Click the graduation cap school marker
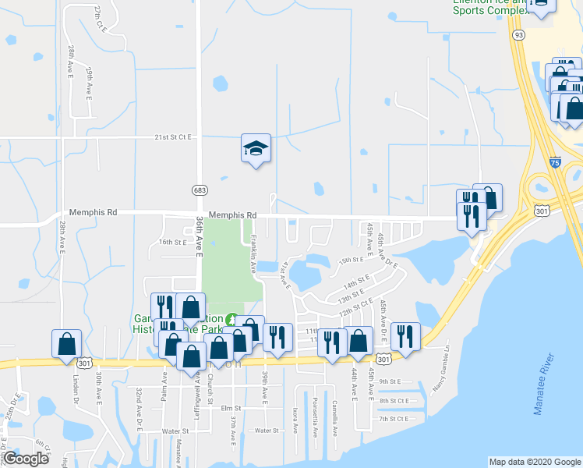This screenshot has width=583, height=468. (x=256, y=148)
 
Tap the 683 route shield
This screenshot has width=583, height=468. (x=198, y=190)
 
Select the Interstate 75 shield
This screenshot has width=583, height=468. (x=554, y=162)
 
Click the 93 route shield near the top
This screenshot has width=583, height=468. (x=519, y=35)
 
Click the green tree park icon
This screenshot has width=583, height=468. (x=231, y=320)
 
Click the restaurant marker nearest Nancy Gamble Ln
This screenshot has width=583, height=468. (x=405, y=336)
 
